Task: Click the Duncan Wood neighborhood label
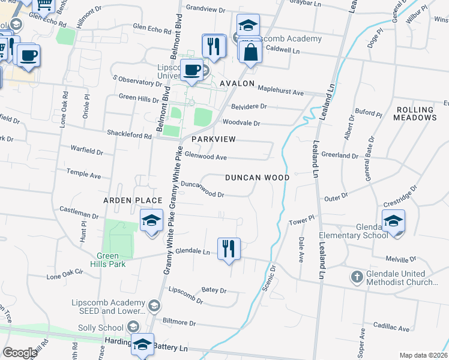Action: (x=257, y=178)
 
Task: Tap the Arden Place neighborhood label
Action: (x=133, y=200)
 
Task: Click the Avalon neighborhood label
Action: (x=237, y=83)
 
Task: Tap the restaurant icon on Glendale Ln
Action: (x=228, y=248)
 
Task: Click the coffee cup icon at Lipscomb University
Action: (x=192, y=70)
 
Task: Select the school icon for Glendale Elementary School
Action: (x=393, y=221)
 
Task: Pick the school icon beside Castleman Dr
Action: (x=152, y=220)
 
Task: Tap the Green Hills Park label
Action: (x=108, y=259)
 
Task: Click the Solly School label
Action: (x=101, y=328)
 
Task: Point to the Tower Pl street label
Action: (x=302, y=221)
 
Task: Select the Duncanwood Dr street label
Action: (x=202, y=190)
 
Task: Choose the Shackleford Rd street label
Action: (x=128, y=135)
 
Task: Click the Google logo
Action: (x=20, y=353)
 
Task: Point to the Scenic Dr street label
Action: (x=268, y=278)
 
